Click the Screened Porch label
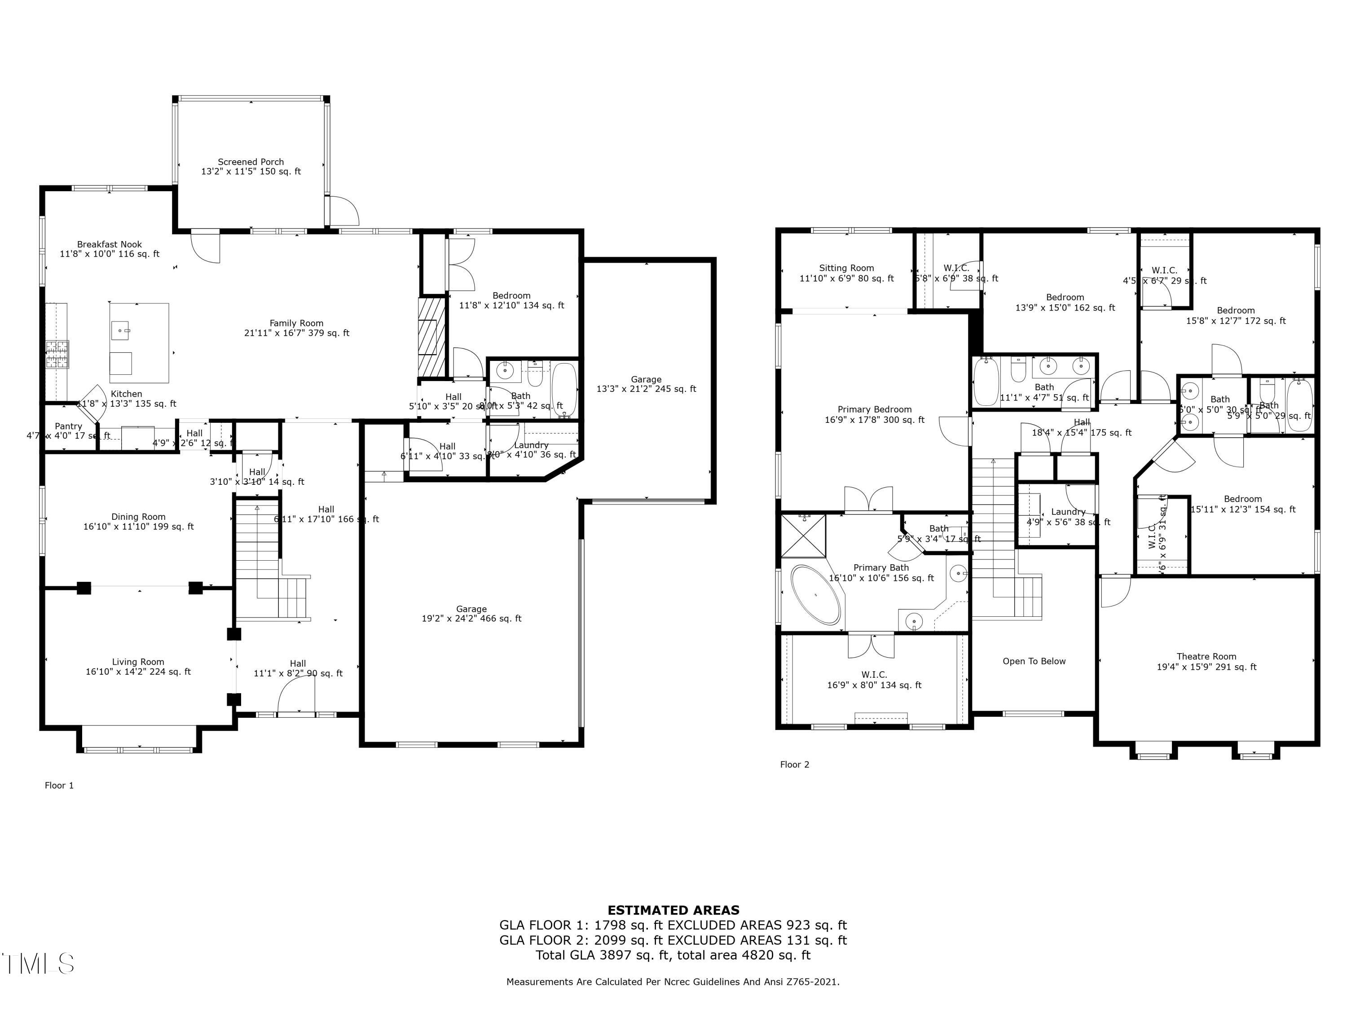coord(251,166)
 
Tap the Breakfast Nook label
coord(110,249)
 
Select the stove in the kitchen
coord(57,354)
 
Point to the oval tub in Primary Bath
coord(815,595)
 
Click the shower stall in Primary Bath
coord(803,536)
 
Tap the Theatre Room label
coord(1206,661)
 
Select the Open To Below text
coord(1034,661)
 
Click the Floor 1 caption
coord(59,786)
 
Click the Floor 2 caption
coord(795,764)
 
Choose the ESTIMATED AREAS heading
coord(673,910)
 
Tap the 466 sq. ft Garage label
coord(471,614)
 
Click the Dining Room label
coord(138,522)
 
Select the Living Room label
coord(138,667)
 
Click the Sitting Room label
coord(846,273)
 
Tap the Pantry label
coord(68,426)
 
